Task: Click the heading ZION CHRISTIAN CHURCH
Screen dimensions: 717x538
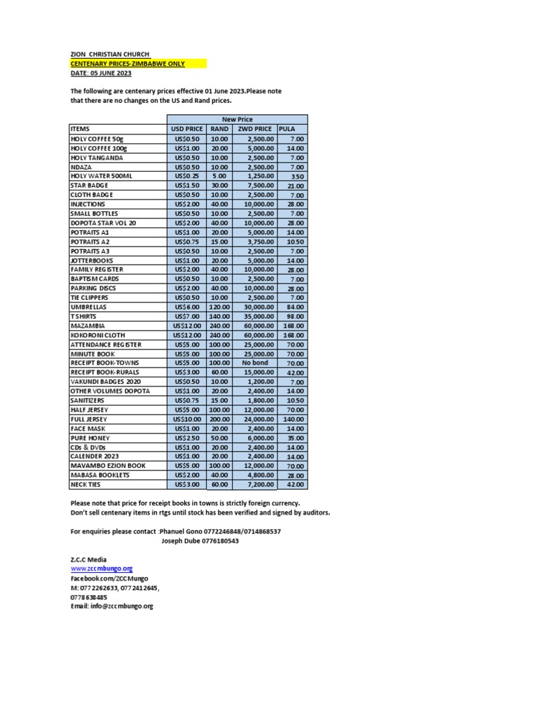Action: click(110, 54)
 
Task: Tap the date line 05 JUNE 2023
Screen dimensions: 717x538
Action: click(101, 74)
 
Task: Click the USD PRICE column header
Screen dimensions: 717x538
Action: click(186, 129)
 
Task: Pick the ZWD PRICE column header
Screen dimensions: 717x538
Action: click(254, 129)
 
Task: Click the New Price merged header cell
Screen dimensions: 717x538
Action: click(237, 119)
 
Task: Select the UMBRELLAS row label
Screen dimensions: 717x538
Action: click(89, 307)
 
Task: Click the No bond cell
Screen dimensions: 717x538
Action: click(255, 363)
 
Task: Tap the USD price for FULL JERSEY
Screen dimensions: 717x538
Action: click(186, 418)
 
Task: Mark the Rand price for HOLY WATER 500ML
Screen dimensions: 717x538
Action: click(219, 176)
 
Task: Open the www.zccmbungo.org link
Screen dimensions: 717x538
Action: click(102, 569)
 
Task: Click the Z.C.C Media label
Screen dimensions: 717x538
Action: click(88, 559)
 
